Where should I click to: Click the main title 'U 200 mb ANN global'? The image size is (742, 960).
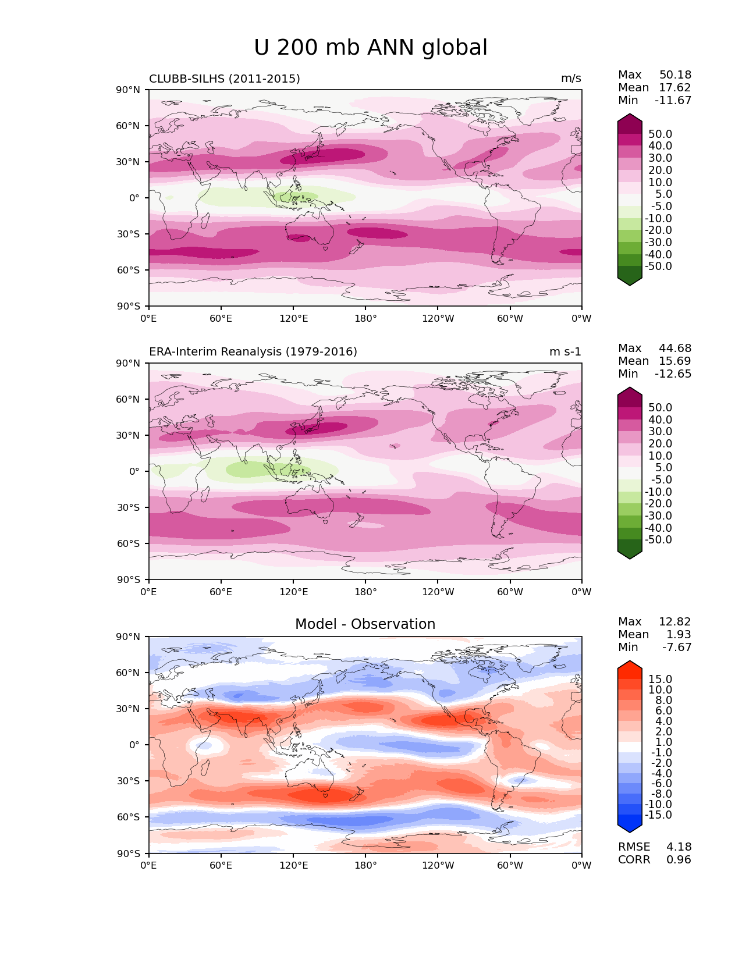pyautogui.click(x=371, y=48)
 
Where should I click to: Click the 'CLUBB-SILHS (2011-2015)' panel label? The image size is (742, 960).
pyautogui.click(x=225, y=79)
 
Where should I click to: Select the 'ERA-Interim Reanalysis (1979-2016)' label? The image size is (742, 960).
pyautogui.click(x=253, y=352)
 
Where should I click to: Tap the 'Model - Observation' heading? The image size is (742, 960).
pyautogui.click(x=365, y=624)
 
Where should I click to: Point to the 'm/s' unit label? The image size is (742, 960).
pyautogui.click(x=571, y=79)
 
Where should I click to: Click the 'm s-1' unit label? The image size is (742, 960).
pyautogui.click(x=565, y=352)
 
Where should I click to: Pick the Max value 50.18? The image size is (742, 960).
pyautogui.click(x=675, y=75)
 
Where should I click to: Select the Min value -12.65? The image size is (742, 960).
pyautogui.click(x=673, y=374)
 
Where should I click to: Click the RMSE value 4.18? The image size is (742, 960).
pyautogui.click(x=679, y=847)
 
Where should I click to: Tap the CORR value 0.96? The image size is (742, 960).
pyautogui.click(x=679, y=860)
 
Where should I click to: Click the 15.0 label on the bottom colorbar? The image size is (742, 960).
pyautogui.click(x=661, y=680)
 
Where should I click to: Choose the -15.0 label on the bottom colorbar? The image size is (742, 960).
pyautogui.click(x=658, y=815)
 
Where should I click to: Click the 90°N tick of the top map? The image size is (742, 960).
pyautogui.click(x=129, y=90)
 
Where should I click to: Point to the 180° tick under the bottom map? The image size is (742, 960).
pyautogui.click(x=365, y=866)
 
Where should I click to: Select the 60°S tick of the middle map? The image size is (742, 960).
pyautogui.click(x=129, y=543)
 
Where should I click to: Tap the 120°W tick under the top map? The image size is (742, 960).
pyautogui.click(x=438, y=319)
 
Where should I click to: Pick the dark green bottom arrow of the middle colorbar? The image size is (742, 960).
pyautogui.click(x=630, y=553)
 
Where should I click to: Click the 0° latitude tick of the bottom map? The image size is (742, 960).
pyautogui.click(x=134, y=745)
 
